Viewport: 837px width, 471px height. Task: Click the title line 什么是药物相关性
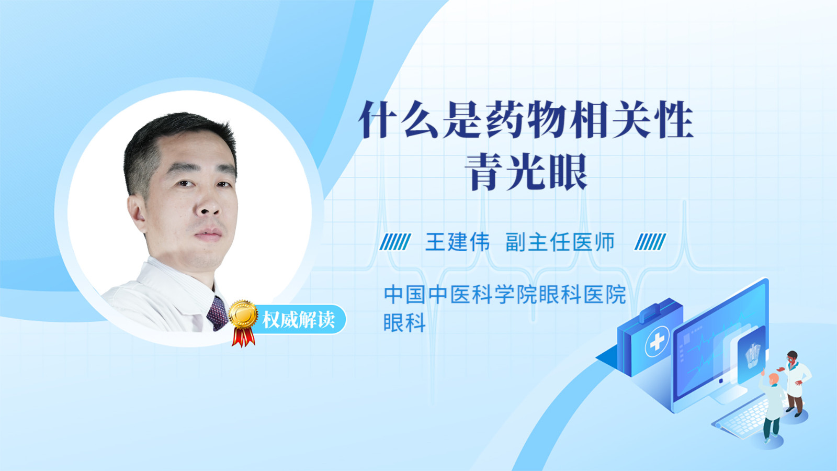(526, 120)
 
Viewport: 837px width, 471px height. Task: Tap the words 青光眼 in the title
(526, 172)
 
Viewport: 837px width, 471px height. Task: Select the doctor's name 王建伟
(457, 242)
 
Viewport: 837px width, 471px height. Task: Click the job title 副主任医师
(560, 242)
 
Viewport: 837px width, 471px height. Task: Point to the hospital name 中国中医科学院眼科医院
(505, 294)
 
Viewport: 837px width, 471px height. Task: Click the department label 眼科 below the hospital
(405, 322)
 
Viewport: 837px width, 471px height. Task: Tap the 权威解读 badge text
(299, 320)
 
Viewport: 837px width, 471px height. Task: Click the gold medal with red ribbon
(243, 322)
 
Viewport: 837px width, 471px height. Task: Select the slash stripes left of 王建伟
(395, 242)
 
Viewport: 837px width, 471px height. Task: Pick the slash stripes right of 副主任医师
(650, 242)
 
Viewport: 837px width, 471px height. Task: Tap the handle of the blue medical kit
(660, 311)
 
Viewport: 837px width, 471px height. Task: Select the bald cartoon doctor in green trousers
(772, 408)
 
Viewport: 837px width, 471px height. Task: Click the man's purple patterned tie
(218, 313)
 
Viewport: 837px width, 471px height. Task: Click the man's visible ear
(137, 213)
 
